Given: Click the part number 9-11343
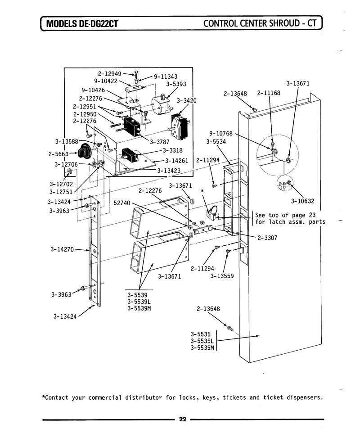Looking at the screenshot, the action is [x=166, y=77].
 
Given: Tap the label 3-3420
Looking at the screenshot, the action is [x=187, y=101].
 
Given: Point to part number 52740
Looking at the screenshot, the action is [x=122, y=203].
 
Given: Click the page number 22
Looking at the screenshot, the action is [x=183, y=419].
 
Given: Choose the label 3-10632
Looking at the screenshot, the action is [x=302, y=201].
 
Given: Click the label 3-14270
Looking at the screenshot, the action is [x=62, y=249].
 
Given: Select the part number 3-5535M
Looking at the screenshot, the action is [x=202, y=347].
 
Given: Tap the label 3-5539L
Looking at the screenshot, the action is [x=139, y=302].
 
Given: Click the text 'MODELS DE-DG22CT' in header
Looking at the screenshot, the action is [x=82, y=23].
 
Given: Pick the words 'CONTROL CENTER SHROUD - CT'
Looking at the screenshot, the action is [x=260, y=23].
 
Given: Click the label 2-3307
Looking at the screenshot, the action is [x=267, y=238].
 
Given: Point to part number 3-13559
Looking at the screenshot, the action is [x=222, y=276].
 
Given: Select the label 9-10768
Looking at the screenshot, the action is [x=221, y=133].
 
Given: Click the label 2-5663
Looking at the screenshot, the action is [x=58, y=154].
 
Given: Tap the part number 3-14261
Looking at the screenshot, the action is [x=176, y=161].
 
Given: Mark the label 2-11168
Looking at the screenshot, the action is [x=269, y=93].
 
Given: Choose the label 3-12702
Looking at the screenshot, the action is [x=61, y=184].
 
